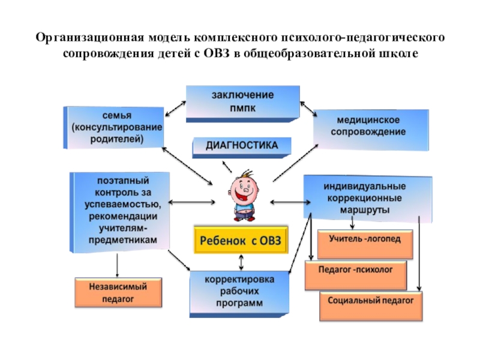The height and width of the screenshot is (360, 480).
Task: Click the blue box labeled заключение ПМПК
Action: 242,101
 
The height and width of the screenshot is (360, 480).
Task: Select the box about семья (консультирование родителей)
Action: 114,127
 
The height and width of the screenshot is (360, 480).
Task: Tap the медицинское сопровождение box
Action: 371,127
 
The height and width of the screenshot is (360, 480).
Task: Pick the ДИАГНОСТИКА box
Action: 242,146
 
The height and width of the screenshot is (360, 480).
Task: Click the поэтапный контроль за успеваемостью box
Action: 120,210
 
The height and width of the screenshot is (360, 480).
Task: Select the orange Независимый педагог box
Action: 118,292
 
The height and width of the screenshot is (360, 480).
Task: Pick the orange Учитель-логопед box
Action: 364,238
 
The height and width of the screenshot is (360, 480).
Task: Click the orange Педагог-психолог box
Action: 355,271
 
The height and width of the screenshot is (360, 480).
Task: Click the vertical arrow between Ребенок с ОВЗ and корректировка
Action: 241,262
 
